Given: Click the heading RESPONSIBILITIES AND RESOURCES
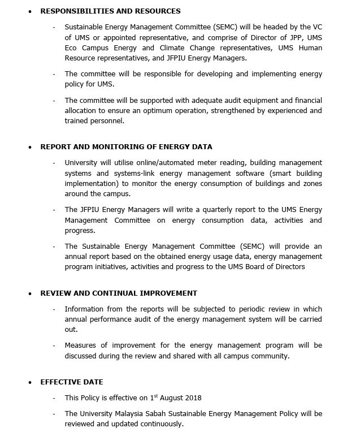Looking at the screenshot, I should pos(110,11).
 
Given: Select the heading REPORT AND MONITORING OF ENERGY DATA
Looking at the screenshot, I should pos(126,147).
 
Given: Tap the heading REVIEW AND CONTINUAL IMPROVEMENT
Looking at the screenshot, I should pos(119,293).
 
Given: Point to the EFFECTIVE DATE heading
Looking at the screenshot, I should pos(72,382).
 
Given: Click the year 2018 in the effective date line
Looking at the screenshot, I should pos(192,398).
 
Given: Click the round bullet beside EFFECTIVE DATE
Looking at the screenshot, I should pos(31,383).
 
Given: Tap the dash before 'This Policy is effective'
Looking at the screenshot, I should pos(54,398).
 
